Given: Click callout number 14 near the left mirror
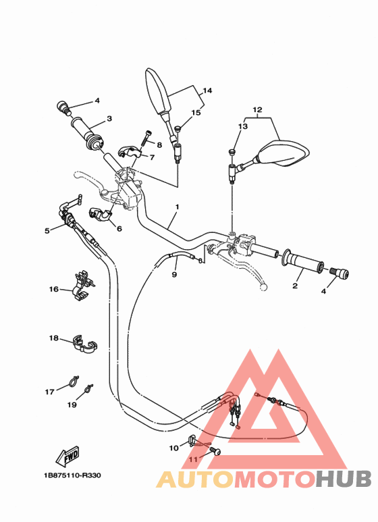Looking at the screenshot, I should pyautogui.click(x=207, y=90).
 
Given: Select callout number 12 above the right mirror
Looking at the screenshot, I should pyautogui.click(x=256, y=109).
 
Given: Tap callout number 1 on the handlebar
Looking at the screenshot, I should pyautogui.click(x=177, y=207).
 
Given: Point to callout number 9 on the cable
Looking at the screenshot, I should pyautogui.click(x=173, y=275).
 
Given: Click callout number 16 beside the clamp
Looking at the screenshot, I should pyautogui.click(x=54, y=290).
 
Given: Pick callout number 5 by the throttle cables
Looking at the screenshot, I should pyautogui.click(x=47, y=231).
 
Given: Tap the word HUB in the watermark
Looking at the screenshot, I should pyautogui.click(x=343, y=478).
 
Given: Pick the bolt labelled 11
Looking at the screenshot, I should pyautogui.click(x=215, y=450).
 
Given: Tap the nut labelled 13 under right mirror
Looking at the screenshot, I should pyautogui.click(x=232, y=153).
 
